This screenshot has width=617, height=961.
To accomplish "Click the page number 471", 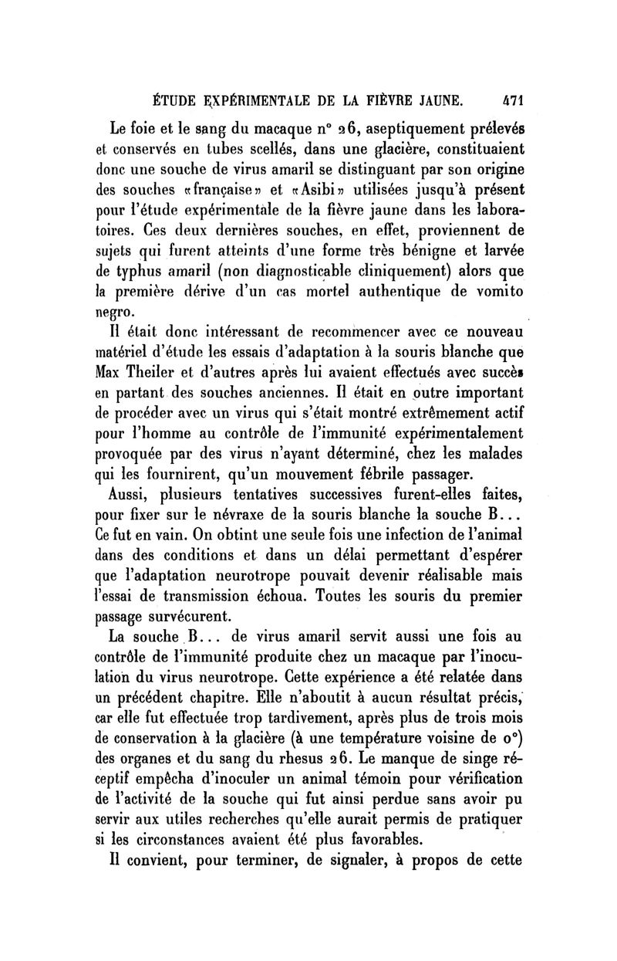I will pos(510,100).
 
